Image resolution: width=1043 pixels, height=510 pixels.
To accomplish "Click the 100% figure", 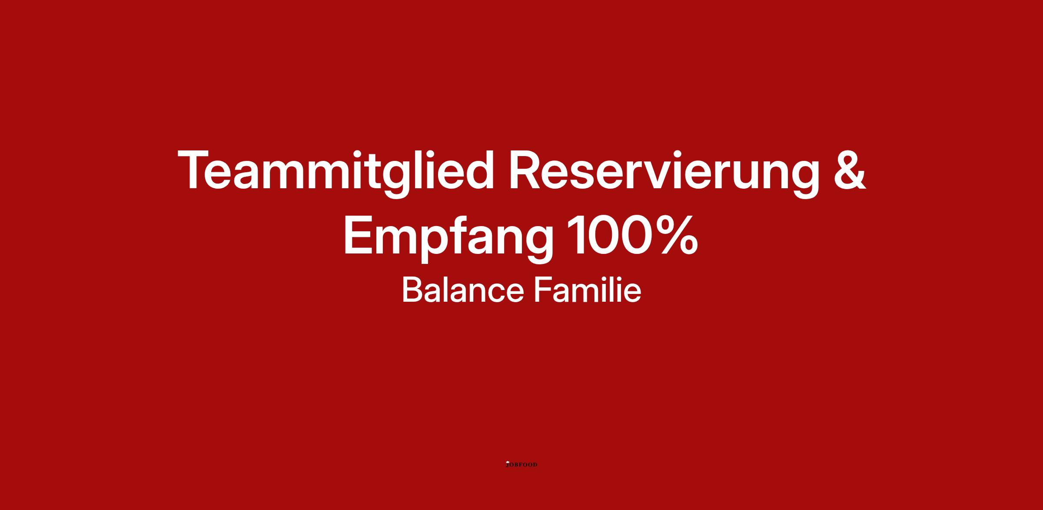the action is point(632,235).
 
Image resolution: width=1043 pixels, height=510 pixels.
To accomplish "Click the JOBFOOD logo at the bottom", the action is point(521,464).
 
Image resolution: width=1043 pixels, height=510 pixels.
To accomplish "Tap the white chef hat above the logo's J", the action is point(507,462).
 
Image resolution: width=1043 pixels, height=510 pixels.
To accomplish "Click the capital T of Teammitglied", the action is point(195,170).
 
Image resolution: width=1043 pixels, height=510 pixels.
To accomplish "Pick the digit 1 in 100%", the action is point(576,235).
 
